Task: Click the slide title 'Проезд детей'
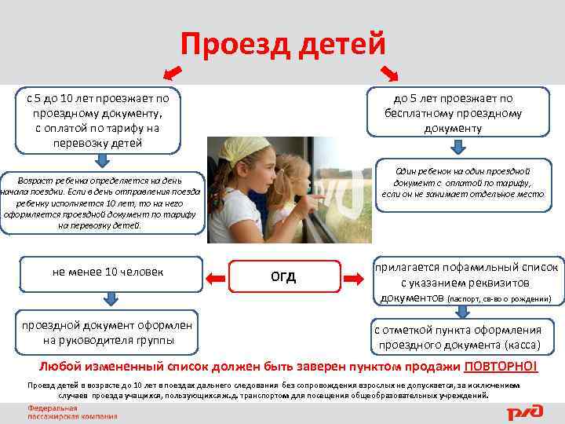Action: click(x=282, y=44)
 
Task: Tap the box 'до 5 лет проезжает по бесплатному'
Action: click(x=454, y=114)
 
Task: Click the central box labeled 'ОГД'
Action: click(x=282, y=276)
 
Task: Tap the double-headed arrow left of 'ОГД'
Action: click(x=215, y=276)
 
